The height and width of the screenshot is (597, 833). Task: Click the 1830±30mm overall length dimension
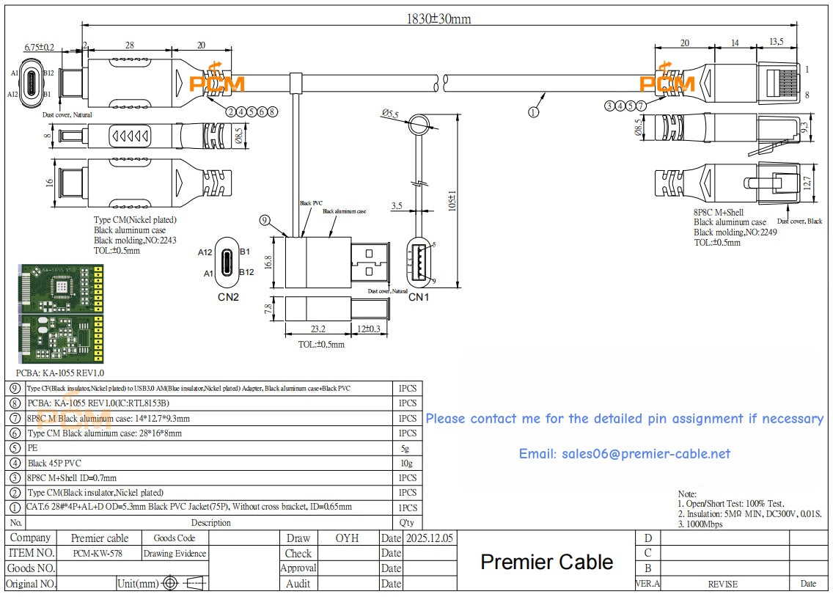click(438, 19)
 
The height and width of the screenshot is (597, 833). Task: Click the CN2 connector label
click(228, 297)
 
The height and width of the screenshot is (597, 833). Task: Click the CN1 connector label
click(418, 297)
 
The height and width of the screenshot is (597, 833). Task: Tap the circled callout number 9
click(265, 219)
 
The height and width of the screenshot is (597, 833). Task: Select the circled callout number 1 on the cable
click(533, 112)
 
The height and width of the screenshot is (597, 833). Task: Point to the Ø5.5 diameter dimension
click(390, 114)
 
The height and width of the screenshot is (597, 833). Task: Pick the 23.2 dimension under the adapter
click(318, 330)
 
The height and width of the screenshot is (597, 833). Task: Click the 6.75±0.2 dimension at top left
click(39, 47)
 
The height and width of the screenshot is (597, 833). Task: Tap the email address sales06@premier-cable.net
click(624, 454)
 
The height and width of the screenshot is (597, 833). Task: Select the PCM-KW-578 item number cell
click(98, 554)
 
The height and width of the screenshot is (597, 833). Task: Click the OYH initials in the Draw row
click(347, 538)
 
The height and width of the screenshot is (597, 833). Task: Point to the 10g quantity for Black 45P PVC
click(408, 463)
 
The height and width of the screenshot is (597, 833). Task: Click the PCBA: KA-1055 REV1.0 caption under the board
click(60, 373)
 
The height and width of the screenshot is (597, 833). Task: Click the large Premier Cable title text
click(546, 563)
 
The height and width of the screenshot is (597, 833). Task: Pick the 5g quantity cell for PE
click(408, 448)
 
